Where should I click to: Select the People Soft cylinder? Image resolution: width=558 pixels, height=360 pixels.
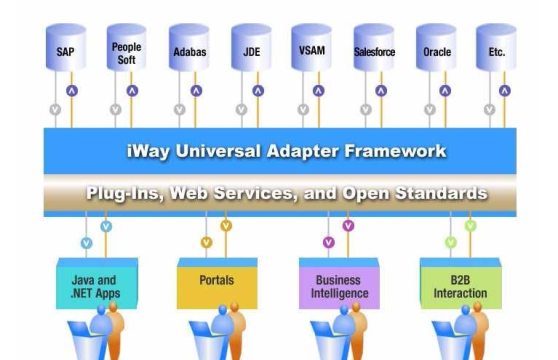[127, 50]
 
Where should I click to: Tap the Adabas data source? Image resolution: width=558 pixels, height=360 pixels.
[189, 50]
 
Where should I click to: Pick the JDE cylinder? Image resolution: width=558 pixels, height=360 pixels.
[250, 50]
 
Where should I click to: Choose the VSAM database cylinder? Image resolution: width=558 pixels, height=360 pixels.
[312, 50]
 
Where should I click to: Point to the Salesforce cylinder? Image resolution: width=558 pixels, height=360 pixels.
[374, 50]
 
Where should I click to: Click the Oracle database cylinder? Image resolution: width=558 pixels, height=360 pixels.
[437, 50]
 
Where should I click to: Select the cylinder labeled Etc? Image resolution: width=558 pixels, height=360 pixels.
[498, 50]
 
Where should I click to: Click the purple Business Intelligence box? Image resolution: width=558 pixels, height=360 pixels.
[338, 287]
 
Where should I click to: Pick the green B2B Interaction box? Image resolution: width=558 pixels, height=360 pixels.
[461, 287]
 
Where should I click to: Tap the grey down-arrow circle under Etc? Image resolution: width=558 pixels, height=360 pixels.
[489, 109]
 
